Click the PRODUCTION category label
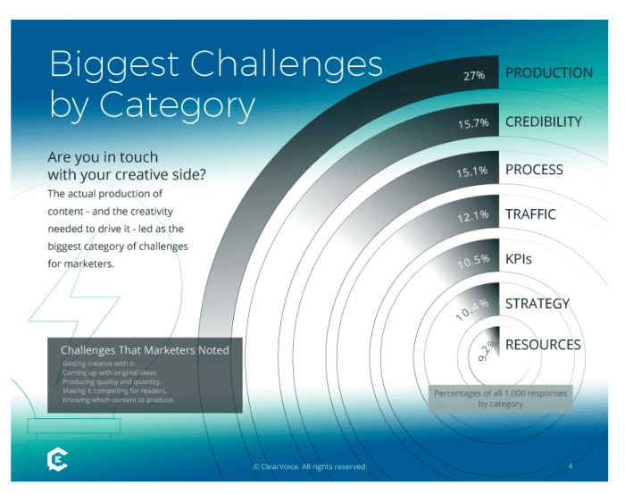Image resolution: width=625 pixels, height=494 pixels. click(548, 73)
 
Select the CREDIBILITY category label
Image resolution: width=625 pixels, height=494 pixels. click(543, 121)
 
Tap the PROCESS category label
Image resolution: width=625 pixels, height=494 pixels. click(534, 169)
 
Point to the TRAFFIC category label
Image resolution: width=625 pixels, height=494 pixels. click(530, 214)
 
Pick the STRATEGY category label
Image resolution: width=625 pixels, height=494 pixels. click(537, 304)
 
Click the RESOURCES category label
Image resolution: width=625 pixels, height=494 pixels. click(543, 345)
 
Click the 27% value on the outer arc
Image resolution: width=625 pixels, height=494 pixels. click(474, 76)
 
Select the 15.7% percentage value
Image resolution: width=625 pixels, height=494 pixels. click(474, 123)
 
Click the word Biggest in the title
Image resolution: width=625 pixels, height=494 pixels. click(114, 65)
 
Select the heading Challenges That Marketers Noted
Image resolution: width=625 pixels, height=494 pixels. click(145, 350)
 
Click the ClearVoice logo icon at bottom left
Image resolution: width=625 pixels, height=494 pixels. click(56, 460)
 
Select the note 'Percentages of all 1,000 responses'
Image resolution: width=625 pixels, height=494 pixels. click(500, 393)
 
